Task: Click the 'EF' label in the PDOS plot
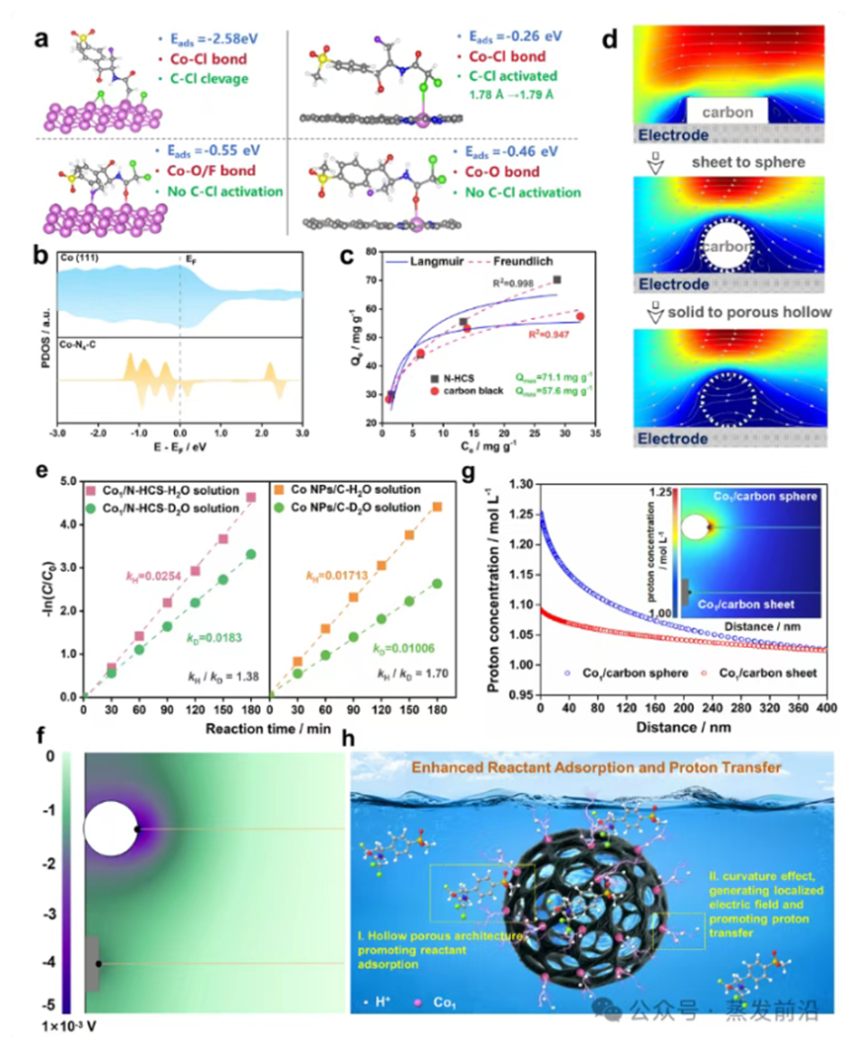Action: (x=184, y=258)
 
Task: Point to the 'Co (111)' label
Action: (x=80, y=258)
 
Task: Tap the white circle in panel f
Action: (x=110, y=828)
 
